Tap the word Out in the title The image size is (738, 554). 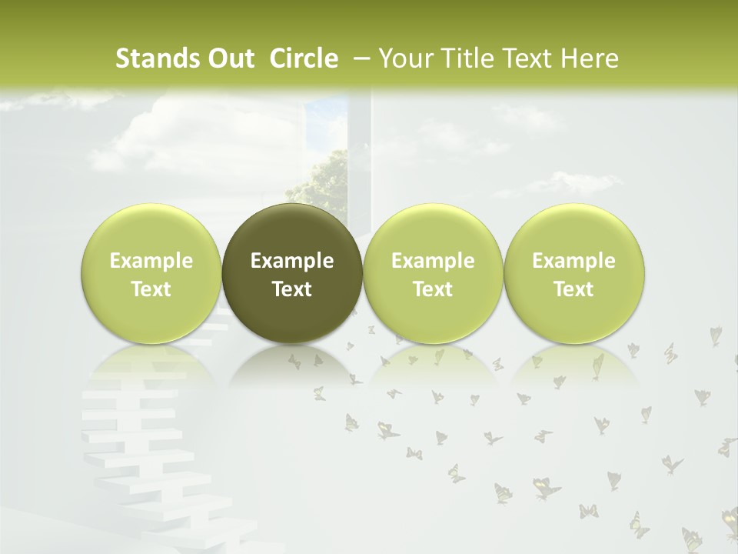231,58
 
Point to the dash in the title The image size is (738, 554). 360,58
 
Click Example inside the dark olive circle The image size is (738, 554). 292,261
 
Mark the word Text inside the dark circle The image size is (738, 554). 292,289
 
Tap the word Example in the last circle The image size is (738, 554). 574,261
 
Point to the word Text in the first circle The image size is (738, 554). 151,289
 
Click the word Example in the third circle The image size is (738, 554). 433,261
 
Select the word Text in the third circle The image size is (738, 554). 433,289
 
